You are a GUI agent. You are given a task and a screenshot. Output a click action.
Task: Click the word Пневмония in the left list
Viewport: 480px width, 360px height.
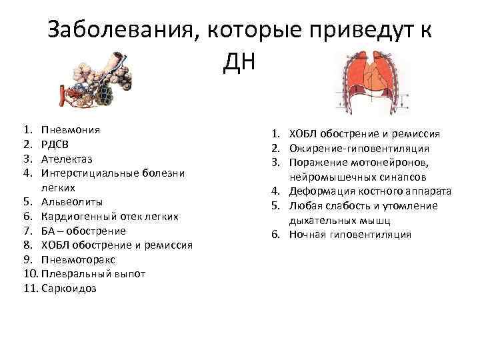tap(70, 130)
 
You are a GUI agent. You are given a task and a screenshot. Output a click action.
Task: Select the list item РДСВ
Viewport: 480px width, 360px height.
tap(54, 145)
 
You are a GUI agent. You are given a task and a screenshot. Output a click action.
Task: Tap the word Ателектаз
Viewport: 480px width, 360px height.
tap(67, 159)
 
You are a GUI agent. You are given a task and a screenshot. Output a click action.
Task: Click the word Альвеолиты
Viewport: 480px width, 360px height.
tap(71, 202)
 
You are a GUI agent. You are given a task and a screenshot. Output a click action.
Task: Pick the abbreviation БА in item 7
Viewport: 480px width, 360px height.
tap(47, 231)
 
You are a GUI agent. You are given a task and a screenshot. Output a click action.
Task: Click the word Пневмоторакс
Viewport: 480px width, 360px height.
tap(78, 259)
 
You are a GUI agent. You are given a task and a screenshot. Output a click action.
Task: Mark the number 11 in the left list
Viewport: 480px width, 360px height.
tap(30, 288)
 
